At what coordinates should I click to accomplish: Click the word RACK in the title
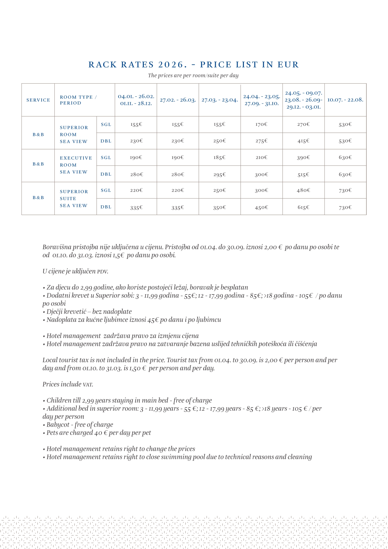103,65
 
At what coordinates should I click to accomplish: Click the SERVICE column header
38,100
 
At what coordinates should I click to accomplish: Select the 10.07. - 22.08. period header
345,100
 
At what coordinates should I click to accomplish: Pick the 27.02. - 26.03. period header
178,100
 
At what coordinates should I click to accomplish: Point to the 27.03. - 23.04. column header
219,100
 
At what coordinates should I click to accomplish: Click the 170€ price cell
261,125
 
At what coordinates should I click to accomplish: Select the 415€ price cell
303,141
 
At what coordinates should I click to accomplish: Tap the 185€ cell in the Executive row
219,158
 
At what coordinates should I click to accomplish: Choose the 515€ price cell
303,175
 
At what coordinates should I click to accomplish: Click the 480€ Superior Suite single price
303,190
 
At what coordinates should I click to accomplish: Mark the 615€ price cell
303,208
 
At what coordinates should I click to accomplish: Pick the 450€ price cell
261,208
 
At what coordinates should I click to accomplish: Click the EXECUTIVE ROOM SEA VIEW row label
76,165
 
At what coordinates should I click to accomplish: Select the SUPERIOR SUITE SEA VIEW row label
74,198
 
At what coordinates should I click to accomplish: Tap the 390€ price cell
303,158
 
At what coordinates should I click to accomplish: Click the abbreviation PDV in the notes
102,272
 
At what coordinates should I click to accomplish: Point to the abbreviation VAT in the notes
88,385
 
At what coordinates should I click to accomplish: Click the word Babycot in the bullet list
58,425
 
